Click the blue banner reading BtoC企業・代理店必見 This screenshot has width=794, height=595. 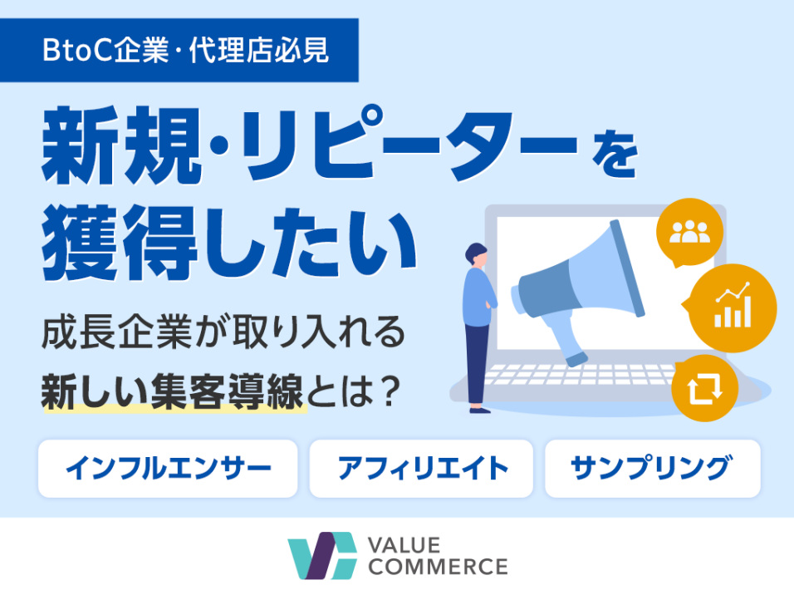tap(179, 50)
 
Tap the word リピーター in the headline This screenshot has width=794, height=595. tap(409, 144)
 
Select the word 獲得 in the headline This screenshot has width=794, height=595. tap(120, 243)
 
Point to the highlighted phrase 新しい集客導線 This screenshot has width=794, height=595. tap(172, 391)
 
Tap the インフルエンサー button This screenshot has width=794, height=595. tap(168, 469)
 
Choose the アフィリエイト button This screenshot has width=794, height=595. tap(421, 469)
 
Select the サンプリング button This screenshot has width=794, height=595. tap(653, 469)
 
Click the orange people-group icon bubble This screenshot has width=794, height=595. tap(689, 232)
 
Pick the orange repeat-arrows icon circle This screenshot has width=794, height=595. tap(704, 388)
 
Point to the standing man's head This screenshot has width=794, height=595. tap(477, 254)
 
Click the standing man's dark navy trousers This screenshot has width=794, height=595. tap(478, 363)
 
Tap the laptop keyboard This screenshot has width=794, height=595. tap(577, 374)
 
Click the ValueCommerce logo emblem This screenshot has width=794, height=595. tap(322, 555)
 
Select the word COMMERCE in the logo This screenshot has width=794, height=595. tap(438, 567)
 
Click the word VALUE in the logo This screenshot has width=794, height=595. tap(404, 545)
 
